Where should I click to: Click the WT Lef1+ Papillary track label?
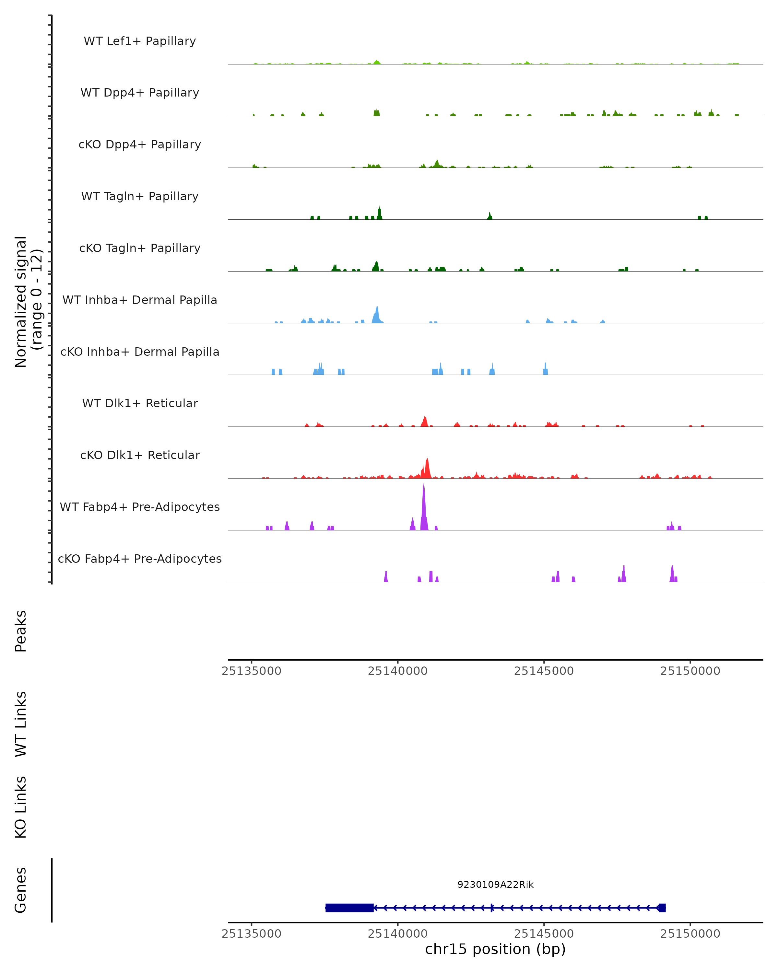point(140,41)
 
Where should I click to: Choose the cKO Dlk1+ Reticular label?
point(140,455)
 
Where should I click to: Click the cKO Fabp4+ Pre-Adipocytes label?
point(140,559)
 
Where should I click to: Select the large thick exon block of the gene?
point(349,908)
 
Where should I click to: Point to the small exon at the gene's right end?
point(662,908)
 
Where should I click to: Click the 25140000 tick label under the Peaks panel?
point(397,671)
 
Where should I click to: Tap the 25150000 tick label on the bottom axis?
point(690,934)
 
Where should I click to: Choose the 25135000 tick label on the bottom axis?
point(252,934)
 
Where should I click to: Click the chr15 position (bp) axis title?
point(495,949)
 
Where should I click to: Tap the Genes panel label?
point(21,890)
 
